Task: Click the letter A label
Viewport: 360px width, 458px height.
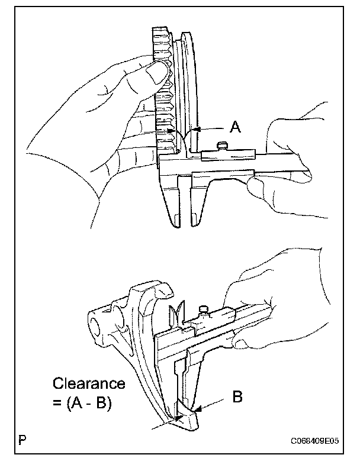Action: pos(235,127)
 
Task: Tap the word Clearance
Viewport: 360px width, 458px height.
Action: pos(89,383)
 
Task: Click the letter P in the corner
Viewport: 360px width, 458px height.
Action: pos(22,440)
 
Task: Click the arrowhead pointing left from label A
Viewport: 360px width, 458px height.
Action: pos(195,127)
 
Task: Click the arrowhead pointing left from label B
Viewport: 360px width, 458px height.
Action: pos(197,408)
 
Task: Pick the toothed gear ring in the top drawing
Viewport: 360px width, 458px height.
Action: pos(161,89)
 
